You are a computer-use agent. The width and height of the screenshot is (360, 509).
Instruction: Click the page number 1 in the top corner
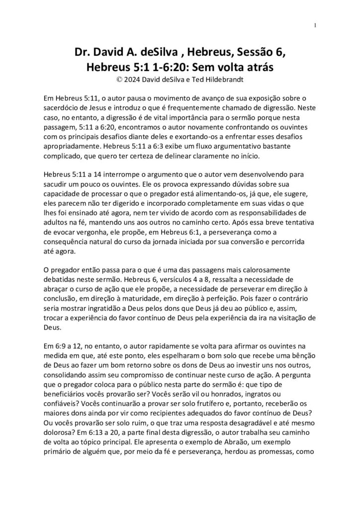point(315,25)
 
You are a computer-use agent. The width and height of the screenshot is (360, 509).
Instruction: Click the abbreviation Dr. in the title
point(83,53)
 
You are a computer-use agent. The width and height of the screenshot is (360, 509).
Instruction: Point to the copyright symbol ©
point(118,79)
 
